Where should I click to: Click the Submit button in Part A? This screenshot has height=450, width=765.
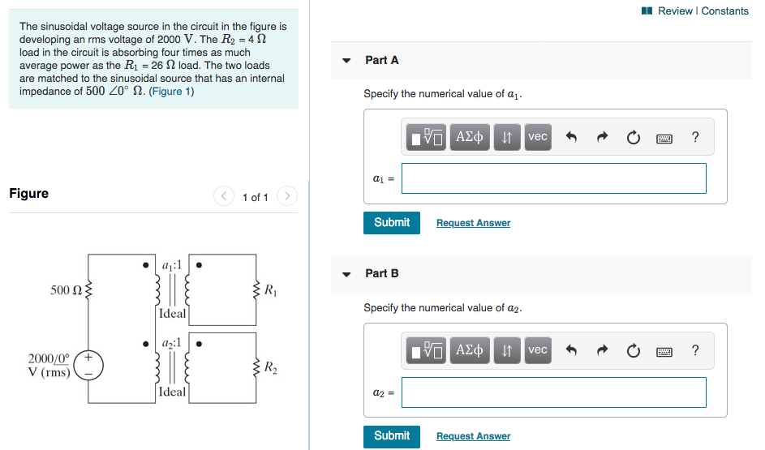click(392, 222)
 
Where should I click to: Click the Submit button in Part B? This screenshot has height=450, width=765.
click(392, 436)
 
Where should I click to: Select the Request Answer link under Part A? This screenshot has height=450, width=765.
click(473, 223)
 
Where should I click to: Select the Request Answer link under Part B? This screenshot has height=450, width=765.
click(473, 436)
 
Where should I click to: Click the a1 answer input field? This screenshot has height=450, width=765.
click(553, 178)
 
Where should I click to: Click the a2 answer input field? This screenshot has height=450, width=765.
click(553, 392)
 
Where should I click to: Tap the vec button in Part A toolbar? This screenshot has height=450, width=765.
click(538, 137)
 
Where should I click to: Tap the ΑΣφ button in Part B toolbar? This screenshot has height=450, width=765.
click(470, 350)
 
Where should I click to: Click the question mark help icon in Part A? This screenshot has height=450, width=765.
click(695, 137)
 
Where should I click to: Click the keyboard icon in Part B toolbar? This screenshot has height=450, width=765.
click(664, 351)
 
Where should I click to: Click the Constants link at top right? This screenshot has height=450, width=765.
click(725, 11)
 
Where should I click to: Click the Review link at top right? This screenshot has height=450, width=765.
click(675, 11)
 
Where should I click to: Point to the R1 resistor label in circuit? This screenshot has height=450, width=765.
click(270, 290)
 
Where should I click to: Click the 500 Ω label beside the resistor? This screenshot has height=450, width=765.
click(65, 290)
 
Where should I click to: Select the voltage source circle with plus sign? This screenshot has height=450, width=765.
click(89, 365)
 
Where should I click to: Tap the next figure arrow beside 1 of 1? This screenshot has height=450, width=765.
click(287, 196)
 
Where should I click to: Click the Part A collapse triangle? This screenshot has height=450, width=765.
click(347, 61)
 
